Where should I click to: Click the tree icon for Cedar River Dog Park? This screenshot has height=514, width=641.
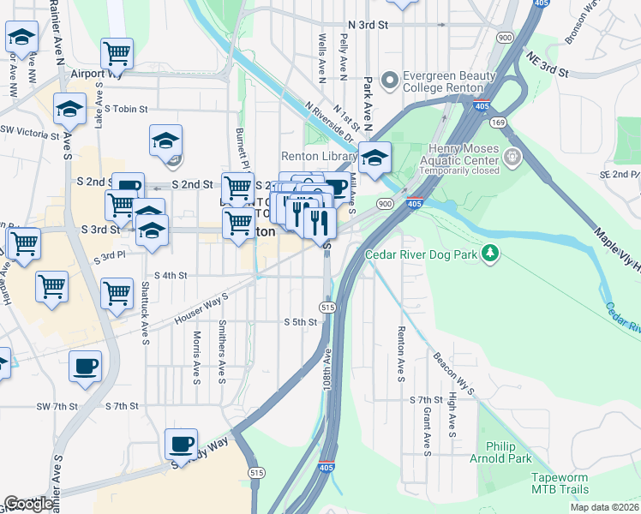pos(489,254)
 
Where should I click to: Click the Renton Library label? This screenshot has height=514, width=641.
pos(320,157)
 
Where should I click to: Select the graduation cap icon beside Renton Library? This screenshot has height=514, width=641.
pos(374,158)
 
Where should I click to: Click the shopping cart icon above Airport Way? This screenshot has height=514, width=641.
pos(117,53)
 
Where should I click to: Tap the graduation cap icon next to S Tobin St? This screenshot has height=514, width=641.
pos(69,109)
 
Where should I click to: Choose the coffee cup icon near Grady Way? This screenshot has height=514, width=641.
pos(181,444)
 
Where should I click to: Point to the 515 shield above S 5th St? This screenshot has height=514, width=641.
pos(326,307)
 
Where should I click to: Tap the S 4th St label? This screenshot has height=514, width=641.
pos(170,275)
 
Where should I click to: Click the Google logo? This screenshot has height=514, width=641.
pos(29,504)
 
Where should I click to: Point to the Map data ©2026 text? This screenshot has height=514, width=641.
pos(602,508)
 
